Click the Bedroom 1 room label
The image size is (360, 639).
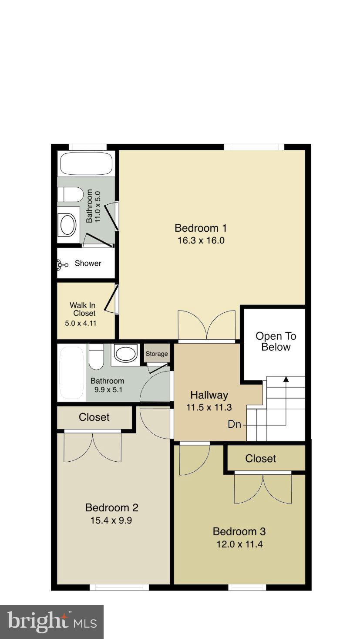201,228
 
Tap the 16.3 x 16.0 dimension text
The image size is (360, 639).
201,240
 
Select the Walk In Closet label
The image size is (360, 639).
82,309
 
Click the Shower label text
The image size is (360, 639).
88,263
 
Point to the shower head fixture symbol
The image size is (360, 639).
62,264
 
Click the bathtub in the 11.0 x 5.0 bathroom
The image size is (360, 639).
86,164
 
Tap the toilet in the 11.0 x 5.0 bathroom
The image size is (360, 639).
70,194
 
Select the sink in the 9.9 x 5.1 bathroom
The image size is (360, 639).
126,353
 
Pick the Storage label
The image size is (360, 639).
157,354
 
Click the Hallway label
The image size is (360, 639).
209,395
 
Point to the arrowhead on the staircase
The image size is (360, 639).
286,379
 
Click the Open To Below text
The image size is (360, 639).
276,341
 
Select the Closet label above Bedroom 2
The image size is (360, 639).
94,417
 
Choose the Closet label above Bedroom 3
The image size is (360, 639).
260,458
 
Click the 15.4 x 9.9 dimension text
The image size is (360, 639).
112,520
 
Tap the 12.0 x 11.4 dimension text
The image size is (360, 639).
239,544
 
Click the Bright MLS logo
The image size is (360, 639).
51,622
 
